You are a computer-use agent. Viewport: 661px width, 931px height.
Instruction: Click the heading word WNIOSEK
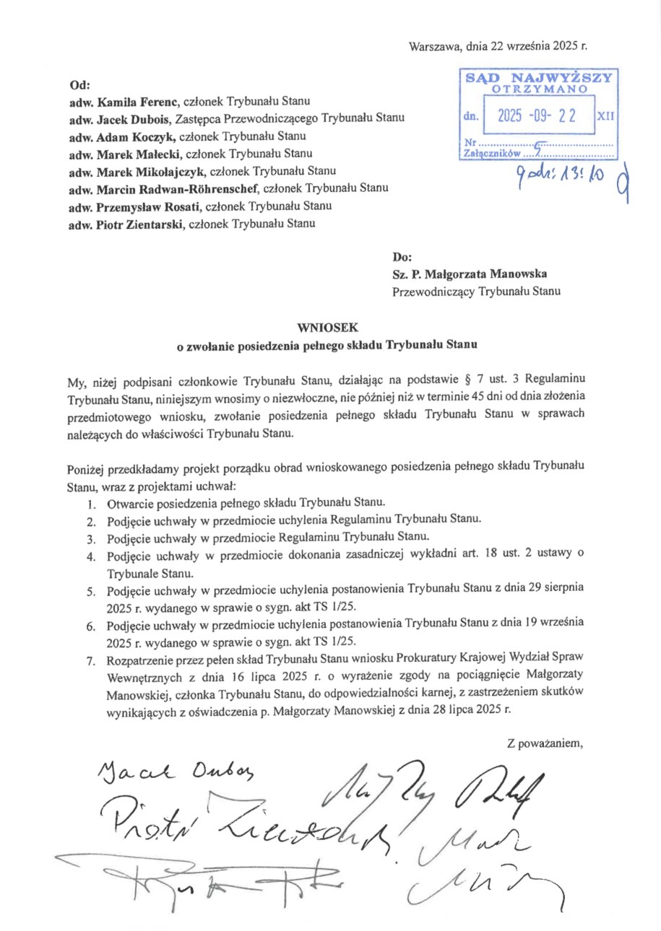pos(328,326)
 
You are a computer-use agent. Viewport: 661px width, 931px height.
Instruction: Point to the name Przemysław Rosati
pos(147,206)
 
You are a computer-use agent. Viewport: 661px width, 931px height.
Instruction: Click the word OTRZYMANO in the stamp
pos(538,89)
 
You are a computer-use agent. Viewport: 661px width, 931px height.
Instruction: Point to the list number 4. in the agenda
pos(91,556)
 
